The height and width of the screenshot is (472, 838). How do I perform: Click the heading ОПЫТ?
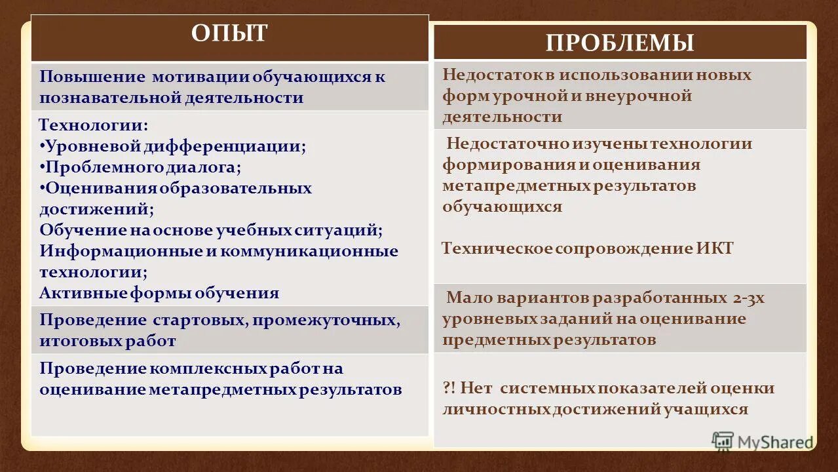click(x=229, y=33)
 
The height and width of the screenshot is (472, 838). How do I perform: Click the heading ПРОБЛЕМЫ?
click(x=620, y=43)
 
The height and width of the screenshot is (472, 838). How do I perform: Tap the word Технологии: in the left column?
click(x=94, y=125)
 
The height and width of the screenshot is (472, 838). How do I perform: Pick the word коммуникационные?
click(x=309, y=250)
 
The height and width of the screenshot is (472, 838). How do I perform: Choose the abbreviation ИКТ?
click(x=715, y=248)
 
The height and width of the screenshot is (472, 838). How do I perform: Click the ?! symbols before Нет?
click(x=449, y=388)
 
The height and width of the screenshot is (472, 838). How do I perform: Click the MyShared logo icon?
click(x=723, y=441)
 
